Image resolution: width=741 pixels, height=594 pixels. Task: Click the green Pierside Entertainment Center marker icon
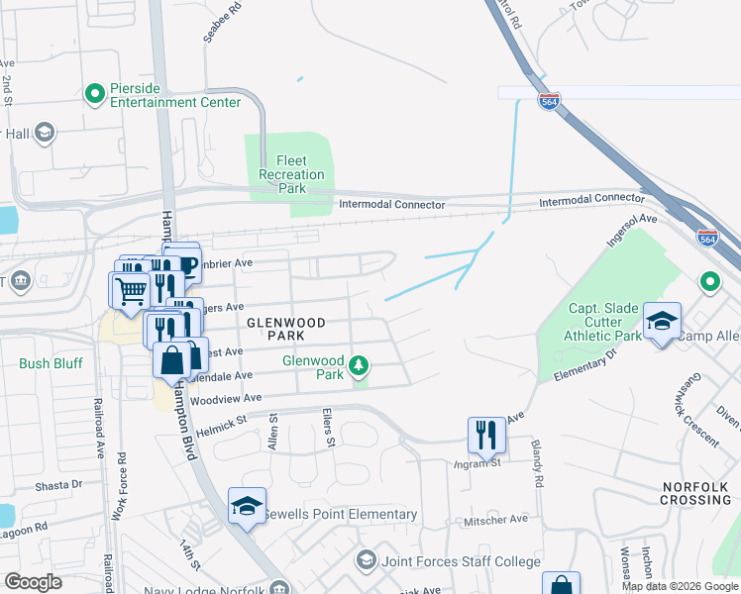click(x=95, y=94)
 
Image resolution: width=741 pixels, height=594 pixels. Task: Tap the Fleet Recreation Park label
click(x=291, y=174)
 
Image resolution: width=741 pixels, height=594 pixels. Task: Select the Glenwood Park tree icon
click(x=360, y=368)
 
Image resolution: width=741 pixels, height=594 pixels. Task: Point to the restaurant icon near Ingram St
click(x=484, y=434)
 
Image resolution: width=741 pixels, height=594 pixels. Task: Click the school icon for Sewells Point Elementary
click(x=247, y=507)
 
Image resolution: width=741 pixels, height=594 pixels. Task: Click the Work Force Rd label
click(x=119, y=488)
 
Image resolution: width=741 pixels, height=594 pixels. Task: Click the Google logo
click(x=34, y=581)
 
